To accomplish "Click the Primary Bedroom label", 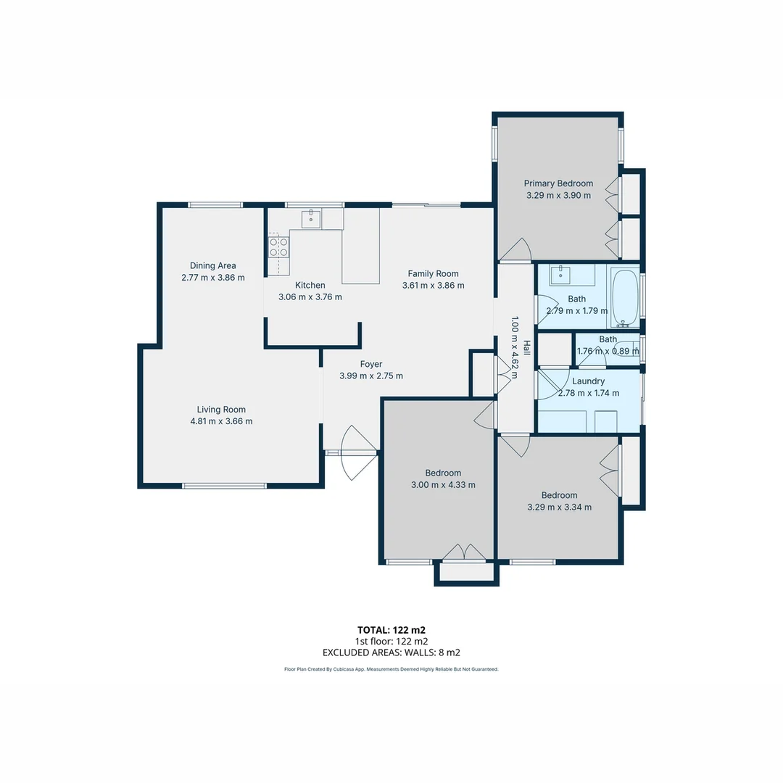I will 558,183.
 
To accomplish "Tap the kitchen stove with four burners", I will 278,247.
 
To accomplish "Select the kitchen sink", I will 312,217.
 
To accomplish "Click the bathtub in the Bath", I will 625,297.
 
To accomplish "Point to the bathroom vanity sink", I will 560,275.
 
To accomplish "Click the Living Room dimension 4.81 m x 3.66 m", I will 221,421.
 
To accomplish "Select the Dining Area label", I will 212,265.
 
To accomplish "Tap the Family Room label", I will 433,273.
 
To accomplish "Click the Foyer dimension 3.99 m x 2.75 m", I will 370,376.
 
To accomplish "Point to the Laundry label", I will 588,381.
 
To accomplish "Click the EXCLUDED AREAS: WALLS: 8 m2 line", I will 391,652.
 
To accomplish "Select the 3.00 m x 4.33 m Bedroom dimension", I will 443,485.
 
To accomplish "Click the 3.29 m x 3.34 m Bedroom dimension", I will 559,507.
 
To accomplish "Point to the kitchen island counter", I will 361,246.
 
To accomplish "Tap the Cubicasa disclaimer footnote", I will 391,669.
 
